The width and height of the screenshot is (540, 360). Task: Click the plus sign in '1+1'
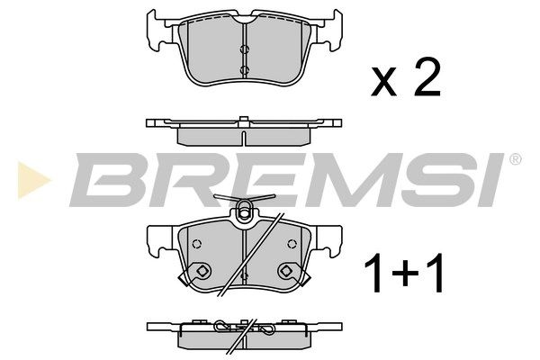403,274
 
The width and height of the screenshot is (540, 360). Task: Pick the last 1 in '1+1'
434,274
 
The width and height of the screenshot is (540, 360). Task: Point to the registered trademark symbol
515,159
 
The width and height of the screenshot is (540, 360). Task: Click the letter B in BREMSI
107,180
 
